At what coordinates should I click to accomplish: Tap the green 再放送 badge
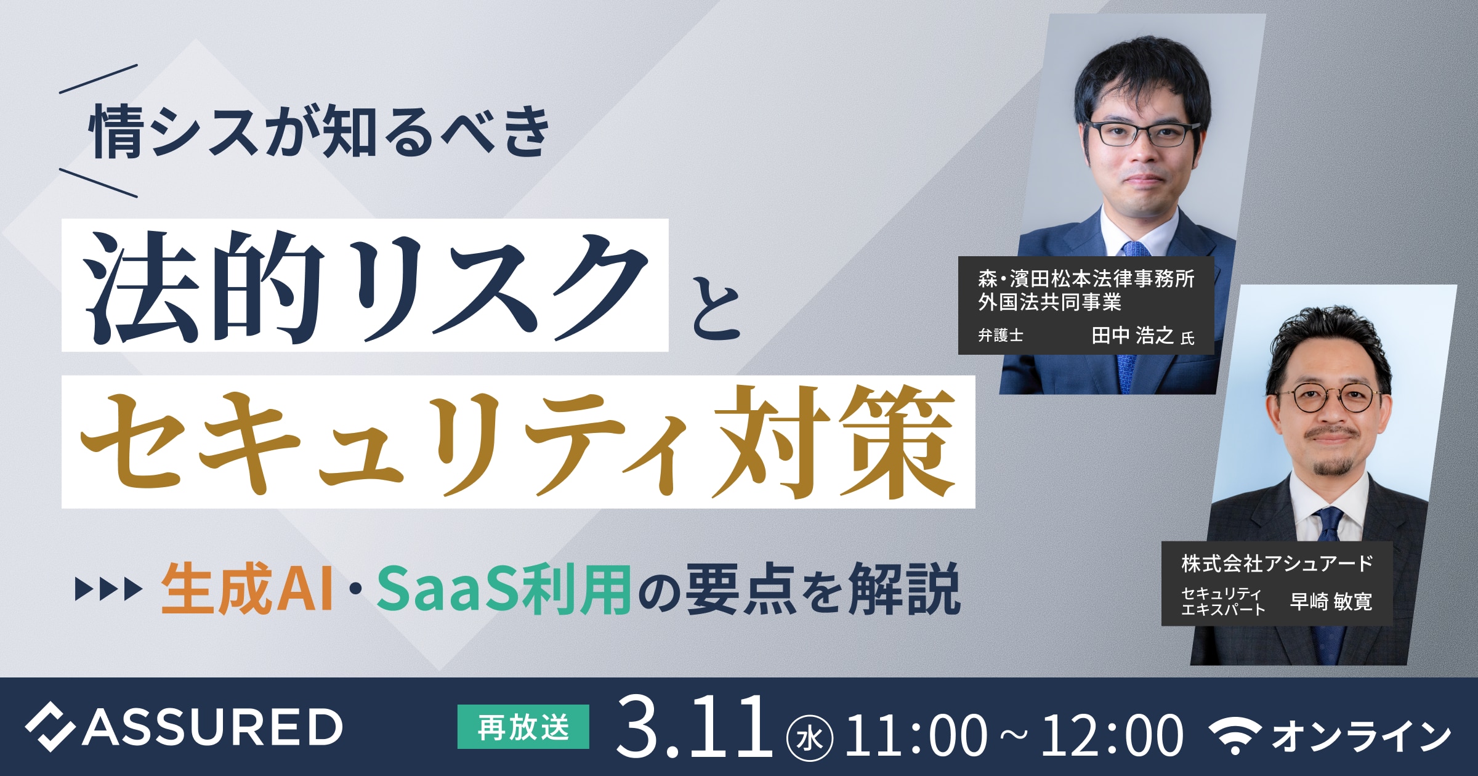click(523, 727)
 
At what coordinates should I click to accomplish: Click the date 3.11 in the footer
click(694, 727)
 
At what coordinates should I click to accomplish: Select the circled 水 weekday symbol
click(810, 738)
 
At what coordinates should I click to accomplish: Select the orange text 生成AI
click(247, 589)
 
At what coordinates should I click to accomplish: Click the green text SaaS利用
click(504, 589)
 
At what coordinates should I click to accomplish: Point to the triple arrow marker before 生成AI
click(108, 589)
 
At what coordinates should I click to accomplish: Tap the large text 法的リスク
click(366, 287)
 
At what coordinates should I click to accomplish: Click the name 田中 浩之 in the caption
click(1133, 335)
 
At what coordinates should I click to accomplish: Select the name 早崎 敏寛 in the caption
click(1331, 601)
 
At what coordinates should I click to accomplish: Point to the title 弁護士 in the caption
click(1001, 335)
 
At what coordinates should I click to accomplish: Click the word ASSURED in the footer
click(212, 727)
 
